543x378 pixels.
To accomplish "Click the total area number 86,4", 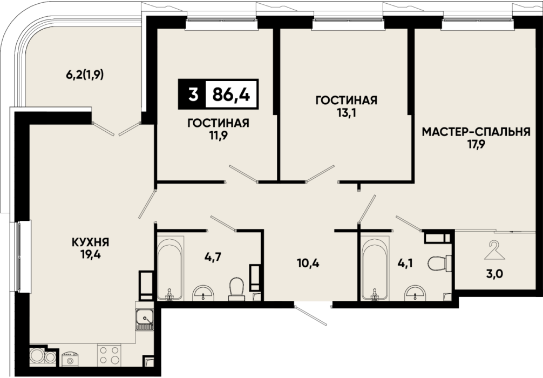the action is (x=231, y=94).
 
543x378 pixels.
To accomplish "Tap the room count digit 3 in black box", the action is (x=193, y=94).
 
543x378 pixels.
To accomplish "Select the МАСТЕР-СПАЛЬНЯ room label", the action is (x=476, y=132).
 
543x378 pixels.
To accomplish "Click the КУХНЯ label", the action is (x=90, y=242).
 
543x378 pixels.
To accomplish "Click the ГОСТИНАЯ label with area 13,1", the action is (x=347, y=100).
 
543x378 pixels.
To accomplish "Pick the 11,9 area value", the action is (x=219, y=135).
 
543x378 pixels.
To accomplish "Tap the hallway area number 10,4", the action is (x=308, y=264).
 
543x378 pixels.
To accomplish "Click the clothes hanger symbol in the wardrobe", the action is (x=495, y=251).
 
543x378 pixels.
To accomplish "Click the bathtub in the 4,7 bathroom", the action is (x=171, y=268).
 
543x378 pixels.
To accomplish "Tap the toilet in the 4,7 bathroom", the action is (x=237, y=288).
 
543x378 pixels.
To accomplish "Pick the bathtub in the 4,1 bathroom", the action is (x=374, y=268).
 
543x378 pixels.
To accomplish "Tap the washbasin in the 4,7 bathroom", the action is (x=203, y=293).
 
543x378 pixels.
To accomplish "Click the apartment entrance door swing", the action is (x=310, y=315).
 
